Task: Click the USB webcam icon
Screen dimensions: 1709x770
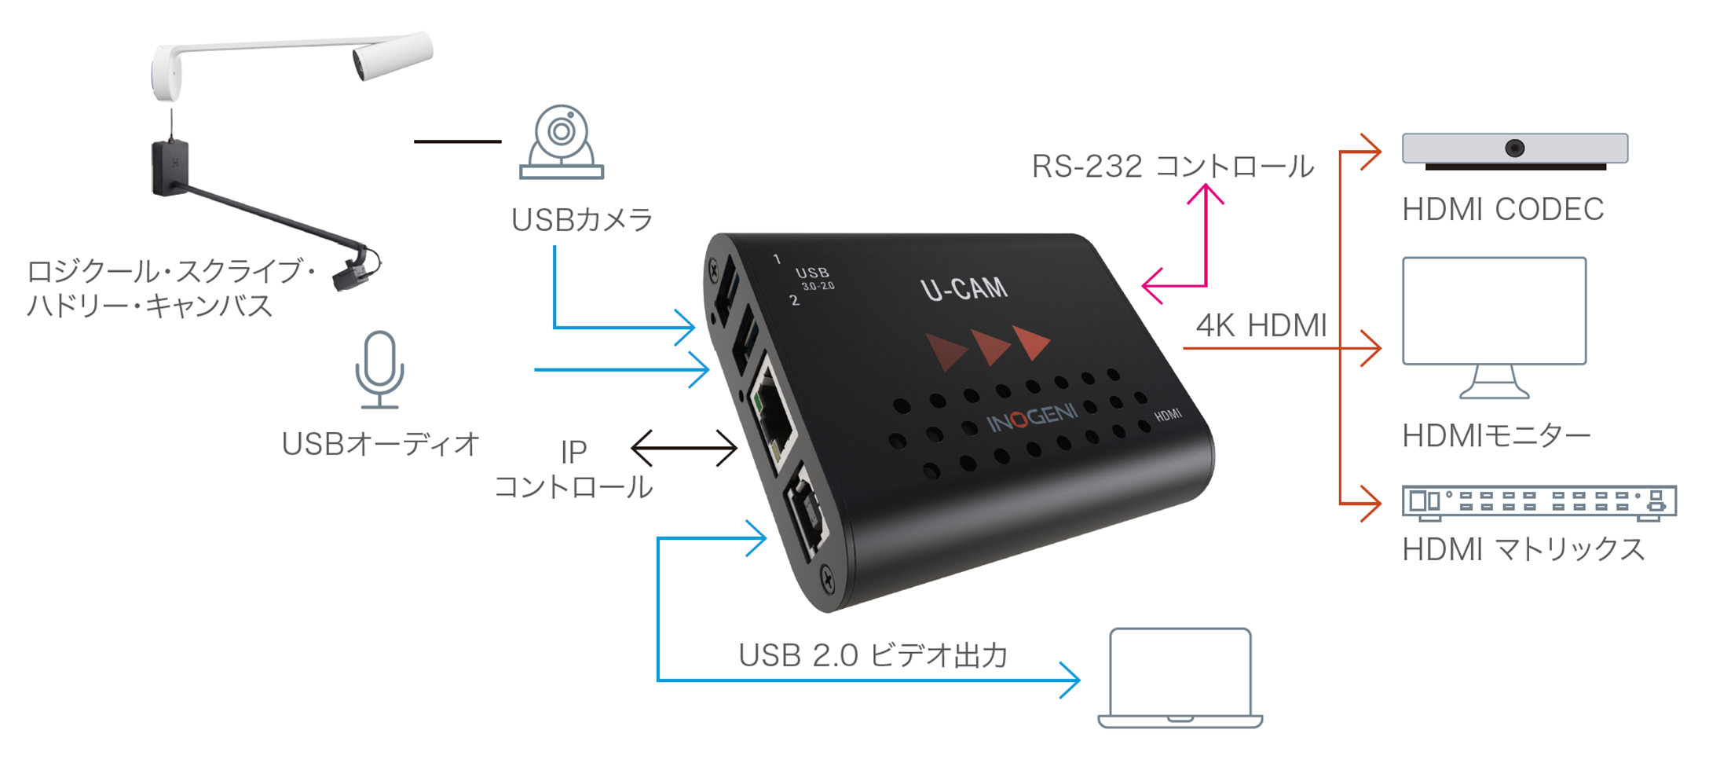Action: point(561,142)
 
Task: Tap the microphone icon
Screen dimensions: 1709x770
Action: point(379,369)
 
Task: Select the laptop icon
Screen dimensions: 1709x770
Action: point(1180,678)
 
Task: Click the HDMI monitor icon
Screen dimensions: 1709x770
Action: point(1494,327)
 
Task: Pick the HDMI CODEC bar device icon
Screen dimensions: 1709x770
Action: point(1515,151)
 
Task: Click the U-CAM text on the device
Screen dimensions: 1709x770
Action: point(964,288)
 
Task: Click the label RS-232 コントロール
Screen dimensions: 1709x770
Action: point(1172,167)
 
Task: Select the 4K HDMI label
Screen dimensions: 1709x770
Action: point(1261,325)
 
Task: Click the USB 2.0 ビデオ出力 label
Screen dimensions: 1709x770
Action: point(873,655)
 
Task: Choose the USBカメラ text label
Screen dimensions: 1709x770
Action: point(582,220)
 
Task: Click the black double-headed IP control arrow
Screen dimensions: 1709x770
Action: point(684,449)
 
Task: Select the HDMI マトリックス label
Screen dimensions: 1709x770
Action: point(1523,549)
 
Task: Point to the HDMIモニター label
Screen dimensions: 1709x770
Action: point(1496,435)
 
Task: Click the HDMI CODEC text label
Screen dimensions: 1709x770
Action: point(1502,210)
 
